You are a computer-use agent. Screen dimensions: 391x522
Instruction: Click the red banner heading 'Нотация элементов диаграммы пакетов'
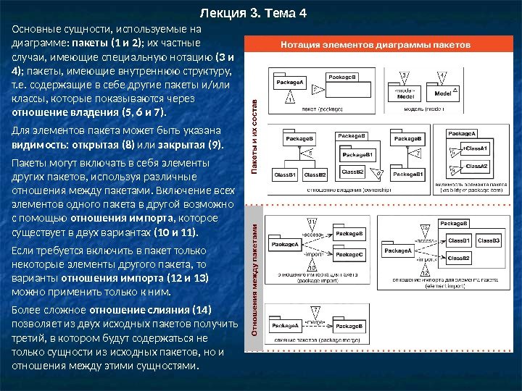point(376,44)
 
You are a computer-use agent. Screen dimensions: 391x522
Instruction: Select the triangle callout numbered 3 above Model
point(404,75)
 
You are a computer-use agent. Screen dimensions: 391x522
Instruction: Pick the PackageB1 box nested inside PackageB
point(357,154)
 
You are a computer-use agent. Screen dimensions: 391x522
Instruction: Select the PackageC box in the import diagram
point(349,255)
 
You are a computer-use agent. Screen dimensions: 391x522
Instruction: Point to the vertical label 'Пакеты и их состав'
point(253,133)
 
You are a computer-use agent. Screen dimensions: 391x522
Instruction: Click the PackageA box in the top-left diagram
point(289,83)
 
